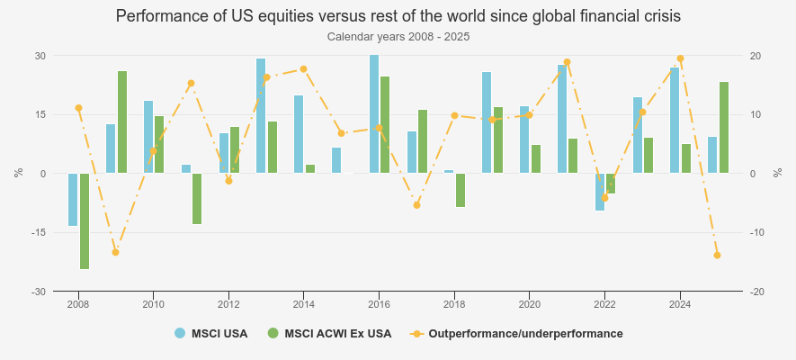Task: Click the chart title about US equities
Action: (x=398, y=16)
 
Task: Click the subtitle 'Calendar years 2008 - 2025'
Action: (x=398, y=37)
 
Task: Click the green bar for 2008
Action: (x=85, y=221)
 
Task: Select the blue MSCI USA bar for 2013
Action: (x=261, y=115)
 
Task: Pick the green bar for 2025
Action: (x=724, y=127)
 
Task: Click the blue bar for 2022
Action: (x=600, y=192)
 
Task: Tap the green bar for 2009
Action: (x=122, y=121)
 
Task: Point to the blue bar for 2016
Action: (x=374, y=113)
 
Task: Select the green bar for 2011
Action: (x=197, y=198)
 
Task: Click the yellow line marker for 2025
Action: (x=717, y=256)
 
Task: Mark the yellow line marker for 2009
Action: (x=115, y=252)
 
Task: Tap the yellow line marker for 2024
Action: (x=680, y=58)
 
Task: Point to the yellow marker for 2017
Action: (x=416, y=205)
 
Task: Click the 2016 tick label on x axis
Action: (x=379, y=304)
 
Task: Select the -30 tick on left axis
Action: (x=40, y=292)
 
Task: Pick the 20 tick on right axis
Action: (x=756, y=56)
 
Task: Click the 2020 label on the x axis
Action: (x=529, y=304)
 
